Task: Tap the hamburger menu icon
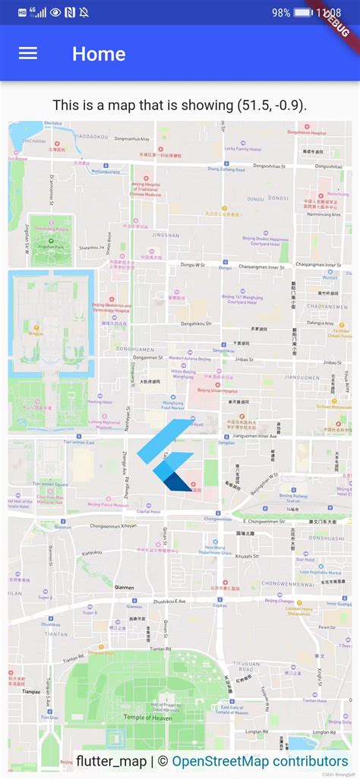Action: point(28,53)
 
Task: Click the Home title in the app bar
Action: point(99,54)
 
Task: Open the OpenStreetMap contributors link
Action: point(260,761)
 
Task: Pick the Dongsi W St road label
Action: point(193,265)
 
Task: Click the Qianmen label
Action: point(124,587)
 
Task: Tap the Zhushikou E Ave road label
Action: point(169,601)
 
